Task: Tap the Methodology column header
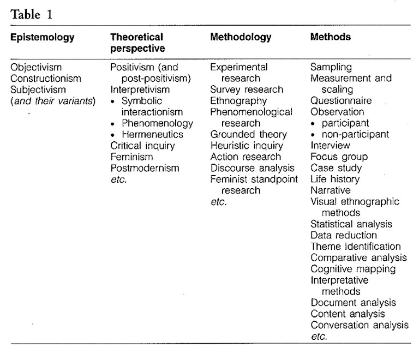(241, 38)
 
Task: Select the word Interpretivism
(140, 89)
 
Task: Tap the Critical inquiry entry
(142, 146)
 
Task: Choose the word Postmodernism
(145, 168)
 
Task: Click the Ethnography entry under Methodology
(238, 101)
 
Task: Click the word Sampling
(331, 67)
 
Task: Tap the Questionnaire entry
(341, 101)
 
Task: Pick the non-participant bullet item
(354, 134)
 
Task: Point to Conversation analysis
(359, 325)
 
